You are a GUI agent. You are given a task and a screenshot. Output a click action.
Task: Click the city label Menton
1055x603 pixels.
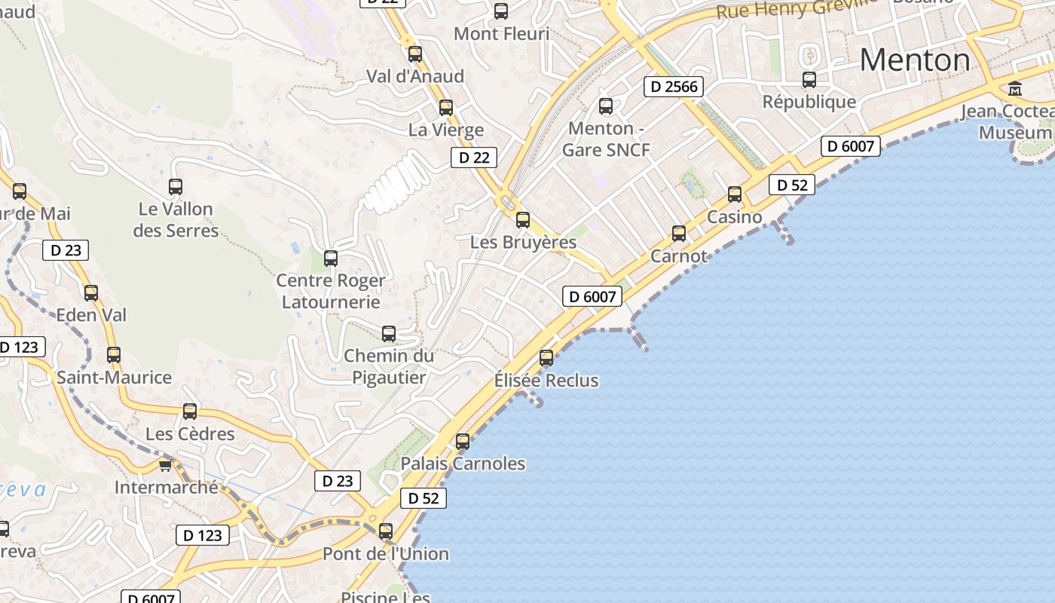tap(915, 60)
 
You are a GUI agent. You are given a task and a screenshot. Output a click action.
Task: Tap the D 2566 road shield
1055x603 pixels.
tap(674, 87)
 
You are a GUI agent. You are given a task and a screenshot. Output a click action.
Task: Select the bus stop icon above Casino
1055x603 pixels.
tap(735, 194)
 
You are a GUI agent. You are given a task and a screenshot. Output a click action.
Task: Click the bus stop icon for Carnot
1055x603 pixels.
tap(679, 234)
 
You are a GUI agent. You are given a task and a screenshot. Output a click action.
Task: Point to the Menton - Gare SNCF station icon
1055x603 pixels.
tap(606, 106)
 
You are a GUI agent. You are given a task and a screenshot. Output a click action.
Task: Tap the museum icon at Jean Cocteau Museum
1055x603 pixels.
tap(1015, 89)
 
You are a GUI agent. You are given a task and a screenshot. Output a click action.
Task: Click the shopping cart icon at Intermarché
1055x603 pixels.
tap(165, 465)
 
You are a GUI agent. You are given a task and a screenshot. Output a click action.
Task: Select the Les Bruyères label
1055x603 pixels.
tap(523, 243)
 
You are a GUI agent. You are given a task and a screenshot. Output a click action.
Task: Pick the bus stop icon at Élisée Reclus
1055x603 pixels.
tap(546, 358)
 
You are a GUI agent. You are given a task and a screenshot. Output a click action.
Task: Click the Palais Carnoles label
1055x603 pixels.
tap(463, 463)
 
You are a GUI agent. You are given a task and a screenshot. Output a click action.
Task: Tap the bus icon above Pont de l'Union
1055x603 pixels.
tap(386, 531)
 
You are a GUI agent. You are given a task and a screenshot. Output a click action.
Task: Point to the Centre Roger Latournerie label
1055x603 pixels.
tap(331, 291)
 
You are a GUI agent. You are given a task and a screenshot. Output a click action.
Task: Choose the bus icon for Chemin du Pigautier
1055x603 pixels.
tap(389, 333)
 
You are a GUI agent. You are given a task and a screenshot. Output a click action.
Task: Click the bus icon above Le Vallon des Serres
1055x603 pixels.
tap(176, 186)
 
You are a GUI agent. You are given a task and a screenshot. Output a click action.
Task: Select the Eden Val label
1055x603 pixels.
tap(91, 315)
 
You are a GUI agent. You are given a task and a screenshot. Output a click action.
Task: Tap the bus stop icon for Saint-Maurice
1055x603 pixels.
tap(114, 354)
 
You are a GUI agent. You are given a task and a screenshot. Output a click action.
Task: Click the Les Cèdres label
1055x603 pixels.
tap(190, 434)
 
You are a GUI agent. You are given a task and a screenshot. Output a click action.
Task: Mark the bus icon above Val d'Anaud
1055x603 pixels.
tap(415, 54)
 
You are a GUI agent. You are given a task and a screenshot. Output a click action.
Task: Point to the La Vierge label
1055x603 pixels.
tap(446, 130)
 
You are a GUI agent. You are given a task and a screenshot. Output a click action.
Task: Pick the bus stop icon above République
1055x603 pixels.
tap(809, 79)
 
